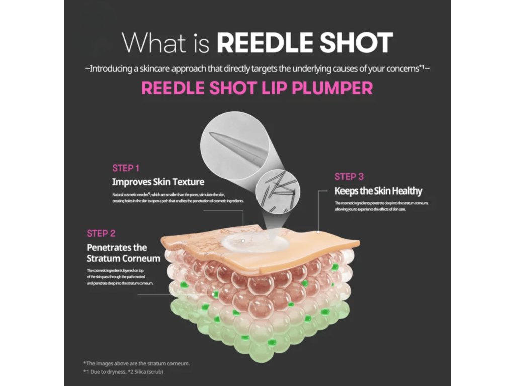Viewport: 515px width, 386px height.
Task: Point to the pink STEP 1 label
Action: (126, 168)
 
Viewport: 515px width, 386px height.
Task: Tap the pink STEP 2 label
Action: (101, 233)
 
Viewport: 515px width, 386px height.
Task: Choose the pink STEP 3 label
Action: (349, 177)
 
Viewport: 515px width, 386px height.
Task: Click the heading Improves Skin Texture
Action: (158, 182)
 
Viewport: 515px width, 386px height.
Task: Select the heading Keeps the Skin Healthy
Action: (379, 191)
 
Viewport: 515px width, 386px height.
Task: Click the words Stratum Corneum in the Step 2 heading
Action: (124, 259)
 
